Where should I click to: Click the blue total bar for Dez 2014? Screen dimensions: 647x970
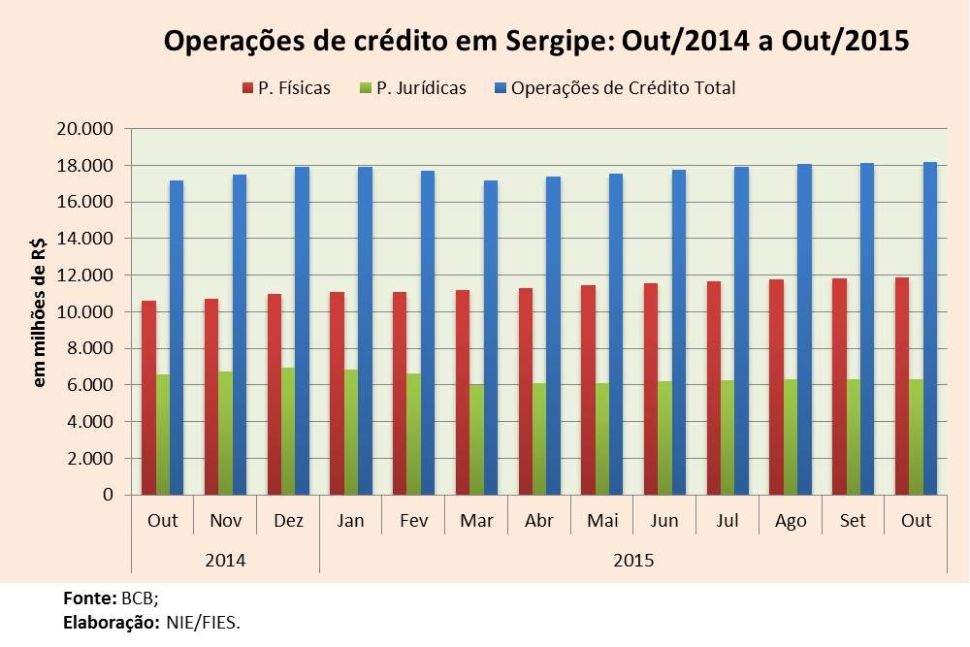tap(302, 331)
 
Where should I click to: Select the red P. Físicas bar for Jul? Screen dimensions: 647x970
tap(713, 388)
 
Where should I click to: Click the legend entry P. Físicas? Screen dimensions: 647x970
tap(294, 88)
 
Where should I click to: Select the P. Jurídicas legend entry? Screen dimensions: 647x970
tap(420, 88)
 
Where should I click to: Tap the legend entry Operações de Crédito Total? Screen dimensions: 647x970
tap(622, 88)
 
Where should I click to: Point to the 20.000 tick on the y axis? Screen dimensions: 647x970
tap(87, 129)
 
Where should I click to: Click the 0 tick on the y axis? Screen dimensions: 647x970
tap(108, 495)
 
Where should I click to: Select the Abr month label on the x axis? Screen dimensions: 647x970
tap(539, 521)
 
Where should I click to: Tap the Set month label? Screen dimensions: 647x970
tap(853, 521)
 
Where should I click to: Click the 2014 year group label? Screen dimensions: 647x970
tap(225, 561)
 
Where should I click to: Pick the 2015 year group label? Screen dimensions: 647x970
tap(633, 561)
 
